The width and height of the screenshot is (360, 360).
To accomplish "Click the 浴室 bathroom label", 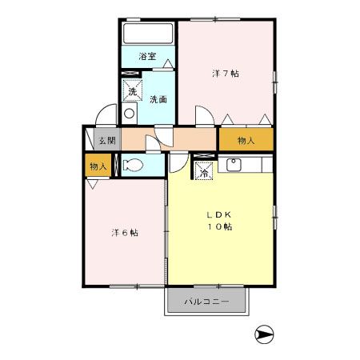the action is pos(147,56).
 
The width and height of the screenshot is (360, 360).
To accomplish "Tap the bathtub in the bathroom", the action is pos(148,34).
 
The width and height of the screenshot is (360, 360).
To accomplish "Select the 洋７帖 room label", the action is pos(226,74).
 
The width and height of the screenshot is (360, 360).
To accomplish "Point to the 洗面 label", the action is pos(158,99).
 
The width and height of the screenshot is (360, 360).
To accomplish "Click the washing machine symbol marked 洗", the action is pos(132,90).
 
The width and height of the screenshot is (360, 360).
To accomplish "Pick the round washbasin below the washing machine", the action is pos(130,114).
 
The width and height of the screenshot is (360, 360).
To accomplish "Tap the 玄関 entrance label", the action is pos(107,140).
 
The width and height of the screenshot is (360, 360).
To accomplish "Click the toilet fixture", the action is pos(133,165).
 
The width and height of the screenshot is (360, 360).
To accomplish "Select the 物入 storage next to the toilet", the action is pos(98,166).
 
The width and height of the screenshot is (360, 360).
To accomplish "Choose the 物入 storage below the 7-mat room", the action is pos(246,140).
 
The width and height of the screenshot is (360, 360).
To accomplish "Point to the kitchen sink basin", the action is pos(234,165).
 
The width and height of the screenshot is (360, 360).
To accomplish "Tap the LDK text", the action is pos(219,214).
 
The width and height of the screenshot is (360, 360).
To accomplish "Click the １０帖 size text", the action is pos(220,226).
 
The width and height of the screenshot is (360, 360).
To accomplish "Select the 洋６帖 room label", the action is pos(125,233).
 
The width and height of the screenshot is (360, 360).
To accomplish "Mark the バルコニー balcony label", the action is pos(206,302).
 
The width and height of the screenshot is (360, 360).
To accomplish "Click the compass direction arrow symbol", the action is pos(264,334).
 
